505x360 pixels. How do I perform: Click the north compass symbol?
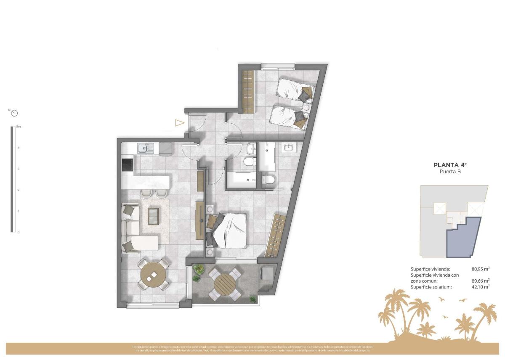point(15,113)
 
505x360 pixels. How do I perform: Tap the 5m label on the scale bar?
point(18,127)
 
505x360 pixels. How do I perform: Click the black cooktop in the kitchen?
point(127,164)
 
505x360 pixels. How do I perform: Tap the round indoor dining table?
point(153,274)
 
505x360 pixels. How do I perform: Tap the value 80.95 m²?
point(480,269)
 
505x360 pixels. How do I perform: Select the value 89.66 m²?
point(480,281)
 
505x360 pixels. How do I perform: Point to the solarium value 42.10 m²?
point(480,287)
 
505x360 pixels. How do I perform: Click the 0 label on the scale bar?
point(18,232)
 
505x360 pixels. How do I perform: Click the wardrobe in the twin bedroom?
point(248,91)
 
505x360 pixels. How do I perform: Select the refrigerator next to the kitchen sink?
point(165,148)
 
